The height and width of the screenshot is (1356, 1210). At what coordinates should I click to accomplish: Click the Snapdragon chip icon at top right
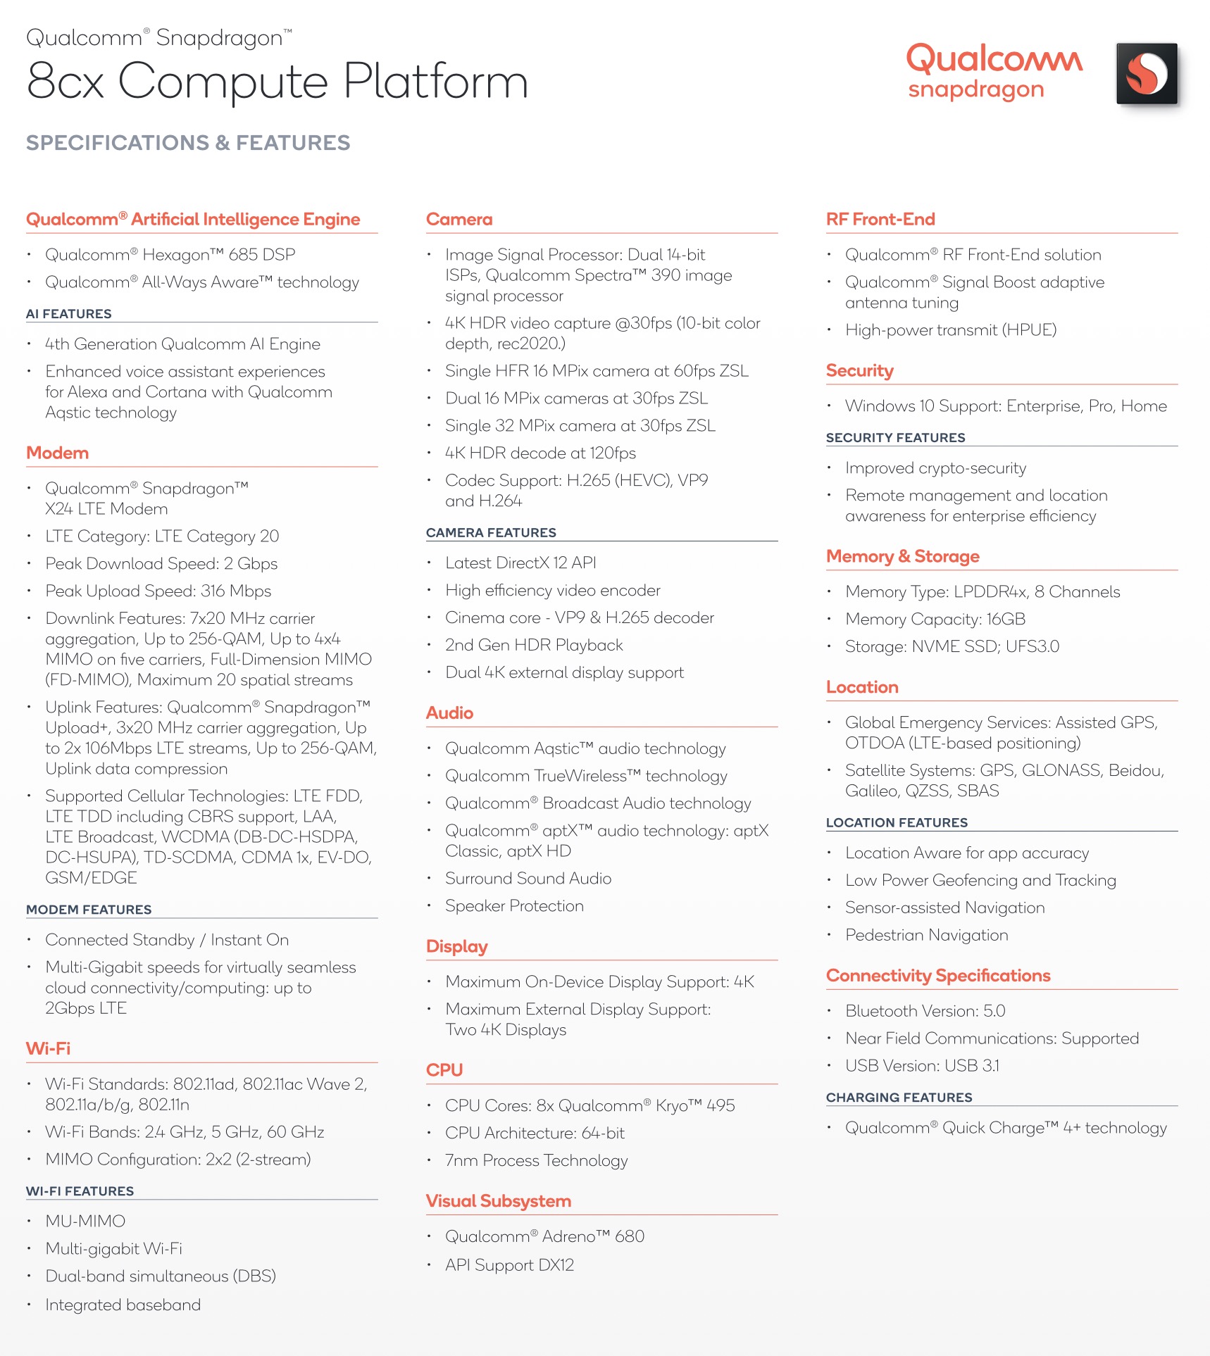tap(1147, 74)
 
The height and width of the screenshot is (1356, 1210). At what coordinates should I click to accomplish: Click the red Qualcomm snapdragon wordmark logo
tap(993, 71)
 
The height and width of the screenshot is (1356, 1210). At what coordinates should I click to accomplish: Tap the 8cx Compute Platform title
tap(277, 81)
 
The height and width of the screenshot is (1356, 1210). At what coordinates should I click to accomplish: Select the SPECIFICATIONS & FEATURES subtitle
tap(188, 143)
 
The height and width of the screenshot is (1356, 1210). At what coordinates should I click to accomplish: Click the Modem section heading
tap(57, 453)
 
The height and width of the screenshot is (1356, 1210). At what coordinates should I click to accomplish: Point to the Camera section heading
tap(459, 219)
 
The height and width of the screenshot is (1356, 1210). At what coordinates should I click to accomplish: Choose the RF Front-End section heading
tap(880, 219)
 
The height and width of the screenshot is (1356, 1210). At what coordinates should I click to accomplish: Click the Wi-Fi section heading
tap(48, 1048)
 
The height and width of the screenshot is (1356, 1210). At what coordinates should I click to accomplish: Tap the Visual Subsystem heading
tap(499, 1201)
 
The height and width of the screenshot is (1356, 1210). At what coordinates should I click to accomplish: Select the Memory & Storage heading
tap(903, 556)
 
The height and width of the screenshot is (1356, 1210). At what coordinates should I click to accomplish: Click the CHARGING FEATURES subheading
tap(899, 1098)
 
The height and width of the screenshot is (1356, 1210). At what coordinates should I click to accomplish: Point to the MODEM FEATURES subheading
tap(89, 910)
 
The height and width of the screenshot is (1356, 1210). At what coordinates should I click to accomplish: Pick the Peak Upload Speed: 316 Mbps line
tap(158, 591)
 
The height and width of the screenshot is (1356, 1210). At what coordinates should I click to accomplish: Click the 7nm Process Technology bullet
tap(536, 1160)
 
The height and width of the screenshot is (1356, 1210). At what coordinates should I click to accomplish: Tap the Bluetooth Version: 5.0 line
tap(925, 1011)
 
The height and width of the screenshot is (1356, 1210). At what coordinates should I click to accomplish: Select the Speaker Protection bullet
tap(514, 906)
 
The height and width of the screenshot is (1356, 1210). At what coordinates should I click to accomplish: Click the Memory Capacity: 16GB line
tap(935, 619)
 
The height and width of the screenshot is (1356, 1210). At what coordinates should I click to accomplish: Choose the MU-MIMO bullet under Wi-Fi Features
tap(85, 1221)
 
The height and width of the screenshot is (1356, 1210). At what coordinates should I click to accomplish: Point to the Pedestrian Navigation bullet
tap(926, 935)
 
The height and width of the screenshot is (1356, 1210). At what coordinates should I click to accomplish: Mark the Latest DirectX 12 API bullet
tap(520, 563)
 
